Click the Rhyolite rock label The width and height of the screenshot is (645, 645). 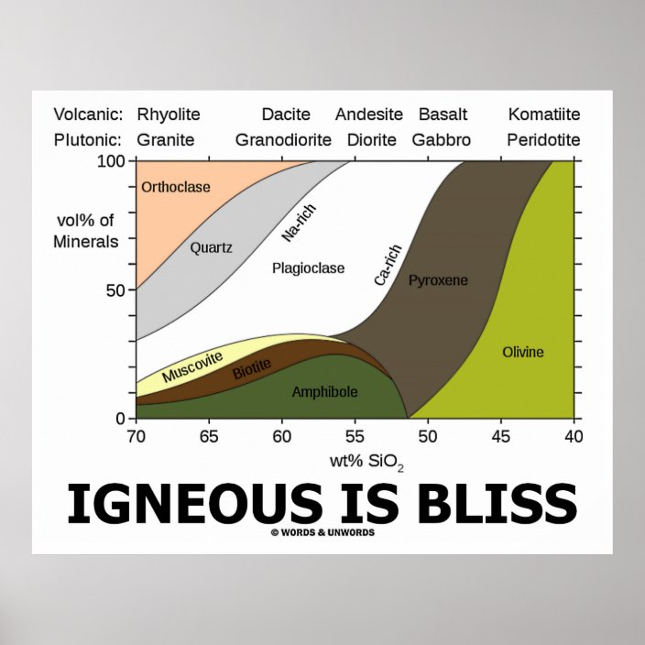pyautogui.click(x=169, y=115)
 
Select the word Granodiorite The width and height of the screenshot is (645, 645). pyautogui.click(x=282, y=140)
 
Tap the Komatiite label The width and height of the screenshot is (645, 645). pyautogui.click(x=544, y=115)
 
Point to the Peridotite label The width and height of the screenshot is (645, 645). pyautogui.click(x=544, y=140)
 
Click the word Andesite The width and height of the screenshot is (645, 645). pyautogui.click(x=369, y=115)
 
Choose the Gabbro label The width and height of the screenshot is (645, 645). pyautogui.click(x=442, y=140)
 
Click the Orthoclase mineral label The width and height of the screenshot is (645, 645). pyautogui.click(x=176, y=187)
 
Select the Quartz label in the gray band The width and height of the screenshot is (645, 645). pyautogui.click(x=212, y=246)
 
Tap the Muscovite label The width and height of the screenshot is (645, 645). pyautogui.click(x=191, y=367)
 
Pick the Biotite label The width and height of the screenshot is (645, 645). pyautogui.click(x=251, y=370)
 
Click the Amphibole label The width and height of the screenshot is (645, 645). pyautogui.click(x=324, y=392)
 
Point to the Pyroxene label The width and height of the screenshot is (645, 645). pyautogui.click(x=438, y=279)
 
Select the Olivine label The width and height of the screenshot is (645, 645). pyautogui.click(x=523, y=352)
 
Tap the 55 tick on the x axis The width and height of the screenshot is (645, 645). pyautogui.click(x=355, y=435)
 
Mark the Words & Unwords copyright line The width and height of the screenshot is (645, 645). pyautogui.click(x=322, y=532)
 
